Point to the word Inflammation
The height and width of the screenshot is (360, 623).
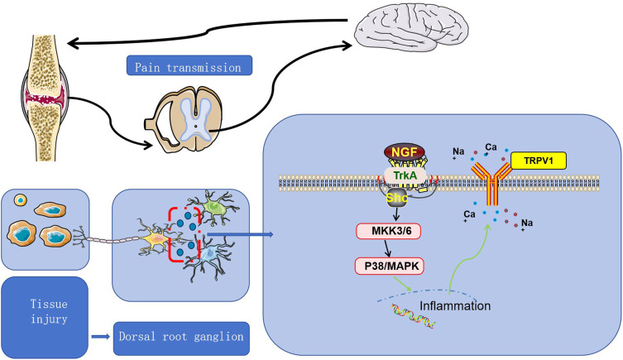point(455,305)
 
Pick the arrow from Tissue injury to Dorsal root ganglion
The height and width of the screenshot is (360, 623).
point(102,338)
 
